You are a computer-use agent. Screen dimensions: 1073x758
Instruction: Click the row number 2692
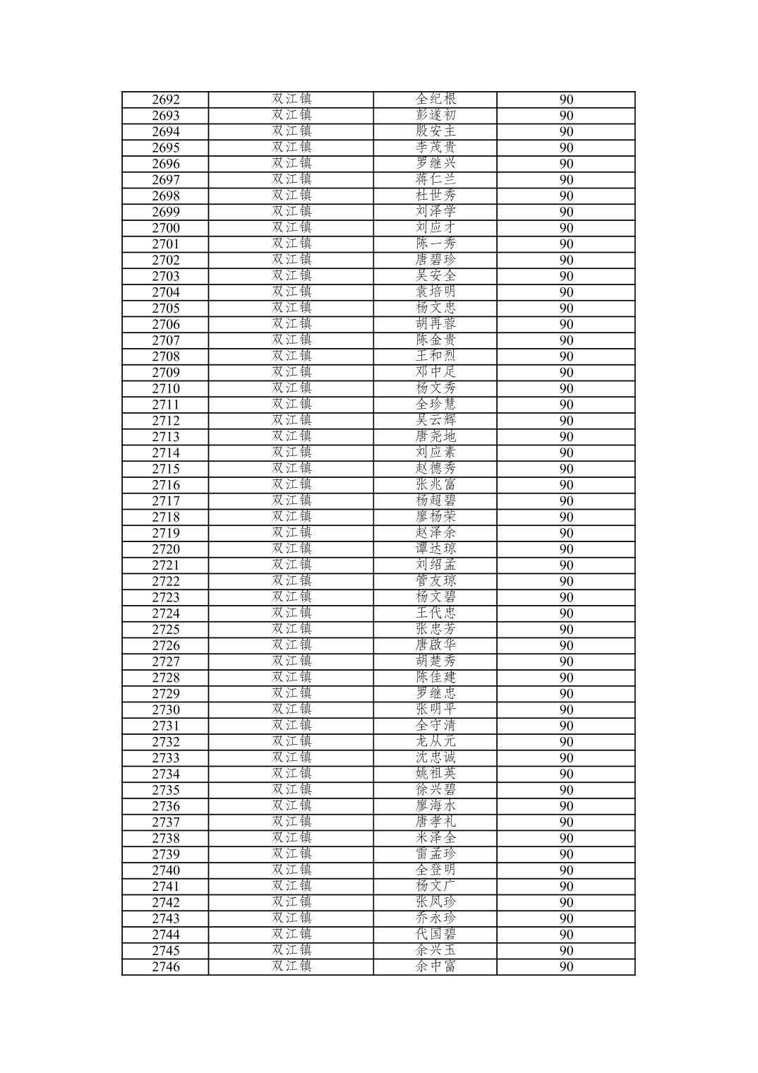[166, 100]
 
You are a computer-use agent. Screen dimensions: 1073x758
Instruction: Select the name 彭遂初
[435, 115]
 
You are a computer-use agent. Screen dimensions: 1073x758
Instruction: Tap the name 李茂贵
[435, 148]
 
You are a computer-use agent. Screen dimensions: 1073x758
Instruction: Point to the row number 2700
[166, 228]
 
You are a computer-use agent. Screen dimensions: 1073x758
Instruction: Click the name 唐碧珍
[435, 260]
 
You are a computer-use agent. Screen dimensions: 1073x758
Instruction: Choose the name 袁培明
[435, 292]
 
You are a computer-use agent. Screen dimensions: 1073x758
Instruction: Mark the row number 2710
[166, 388]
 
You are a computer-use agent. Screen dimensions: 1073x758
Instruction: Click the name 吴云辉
[435, 421]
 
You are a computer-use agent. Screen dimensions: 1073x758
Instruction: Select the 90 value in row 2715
[566, 469]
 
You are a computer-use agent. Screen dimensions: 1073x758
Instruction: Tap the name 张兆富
[435, 485]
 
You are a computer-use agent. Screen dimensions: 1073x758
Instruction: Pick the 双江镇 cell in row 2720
[291, 549]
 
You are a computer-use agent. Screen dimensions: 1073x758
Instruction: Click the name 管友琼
[435, 581]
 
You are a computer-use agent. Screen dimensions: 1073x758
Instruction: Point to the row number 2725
[166, 629]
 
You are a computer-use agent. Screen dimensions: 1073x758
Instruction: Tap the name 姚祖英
[435, 774]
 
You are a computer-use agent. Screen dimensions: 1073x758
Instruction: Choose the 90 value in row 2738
[566, 838]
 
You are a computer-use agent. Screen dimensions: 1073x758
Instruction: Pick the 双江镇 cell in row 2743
[291, 918]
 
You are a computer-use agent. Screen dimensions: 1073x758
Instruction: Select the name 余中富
[435, 966]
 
